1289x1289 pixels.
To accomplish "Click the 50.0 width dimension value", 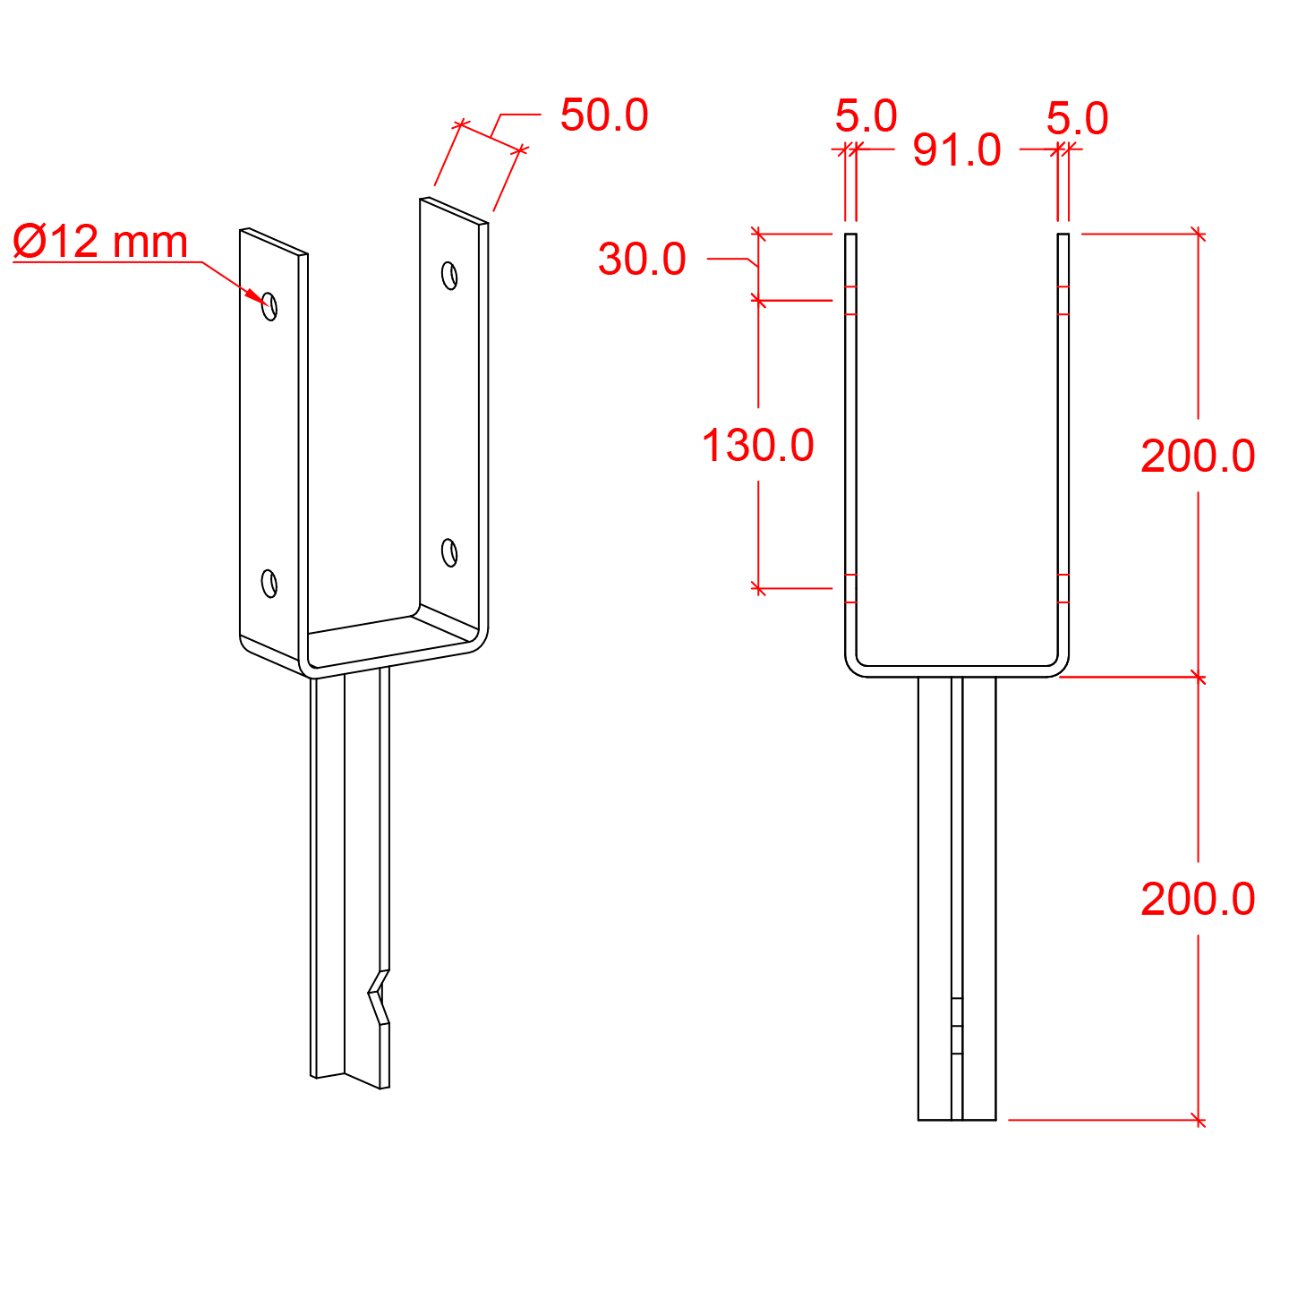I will [x=604, y=115].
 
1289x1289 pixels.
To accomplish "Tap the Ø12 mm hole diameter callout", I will [x=101, y=242].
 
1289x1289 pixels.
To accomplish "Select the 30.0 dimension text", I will [x=642, y=260].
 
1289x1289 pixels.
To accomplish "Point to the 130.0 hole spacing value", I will [x=757, y=446].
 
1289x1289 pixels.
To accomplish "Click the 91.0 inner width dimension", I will [x=956, y=150].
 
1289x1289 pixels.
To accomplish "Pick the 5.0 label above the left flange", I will [x=866, y=116].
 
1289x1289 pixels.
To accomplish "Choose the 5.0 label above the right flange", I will [x=1077, y=119].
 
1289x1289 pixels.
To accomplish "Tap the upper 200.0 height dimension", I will [x=1198, y=457].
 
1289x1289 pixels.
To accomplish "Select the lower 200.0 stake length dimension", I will [x=1198, y=899].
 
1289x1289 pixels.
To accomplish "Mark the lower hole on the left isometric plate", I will [x=269, y=583].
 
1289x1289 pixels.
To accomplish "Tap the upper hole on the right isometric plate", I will [x=450, y=275].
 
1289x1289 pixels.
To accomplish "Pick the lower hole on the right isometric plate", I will [x=450, y=552].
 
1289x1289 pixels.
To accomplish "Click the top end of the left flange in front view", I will [x=850, y=236].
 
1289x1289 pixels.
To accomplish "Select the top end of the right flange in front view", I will [x=1063, y=236].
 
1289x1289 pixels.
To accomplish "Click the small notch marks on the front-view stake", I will [x=957, y=1026].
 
